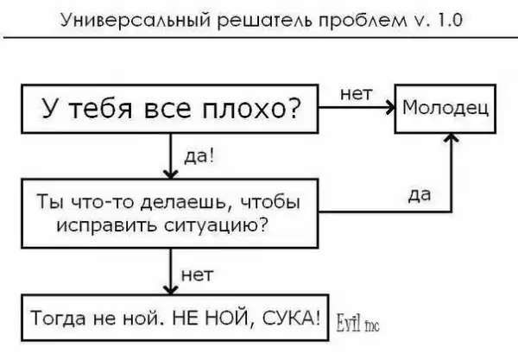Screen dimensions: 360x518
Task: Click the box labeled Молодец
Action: (445, 109)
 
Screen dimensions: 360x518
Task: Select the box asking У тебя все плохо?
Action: (172, 109)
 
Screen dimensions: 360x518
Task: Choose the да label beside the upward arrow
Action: (420, 196)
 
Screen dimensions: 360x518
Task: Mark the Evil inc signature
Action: (356, 321)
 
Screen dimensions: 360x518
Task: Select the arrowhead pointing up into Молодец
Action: (450, 137)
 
